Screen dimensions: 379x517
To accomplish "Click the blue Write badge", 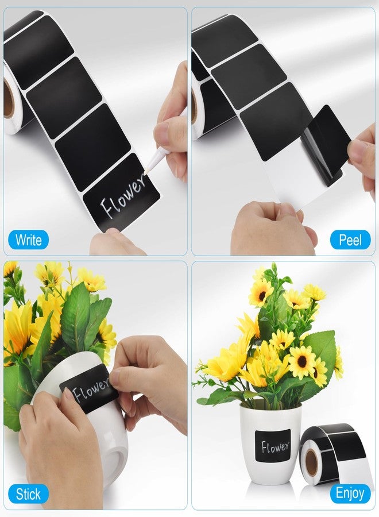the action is pos(28,240).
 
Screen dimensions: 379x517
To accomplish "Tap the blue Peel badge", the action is pos(350,240).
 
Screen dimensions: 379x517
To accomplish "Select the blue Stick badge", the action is pos(28,494).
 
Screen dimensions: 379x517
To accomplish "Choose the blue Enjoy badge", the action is pos(350,494).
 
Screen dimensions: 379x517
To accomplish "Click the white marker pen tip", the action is pos(145,171).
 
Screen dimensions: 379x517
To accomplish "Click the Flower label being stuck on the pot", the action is pos(89,390).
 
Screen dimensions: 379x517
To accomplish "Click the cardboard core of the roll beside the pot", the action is pos(311,462).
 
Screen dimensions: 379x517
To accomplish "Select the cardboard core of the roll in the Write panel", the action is pos(8,99).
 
